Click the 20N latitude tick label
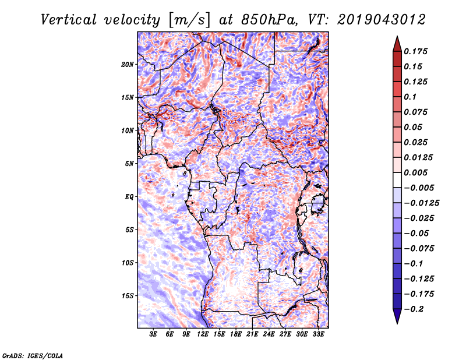[128, 64]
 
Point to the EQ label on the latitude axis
[129, 196]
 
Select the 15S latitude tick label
[128, 295]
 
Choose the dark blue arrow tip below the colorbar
[397, 318]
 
